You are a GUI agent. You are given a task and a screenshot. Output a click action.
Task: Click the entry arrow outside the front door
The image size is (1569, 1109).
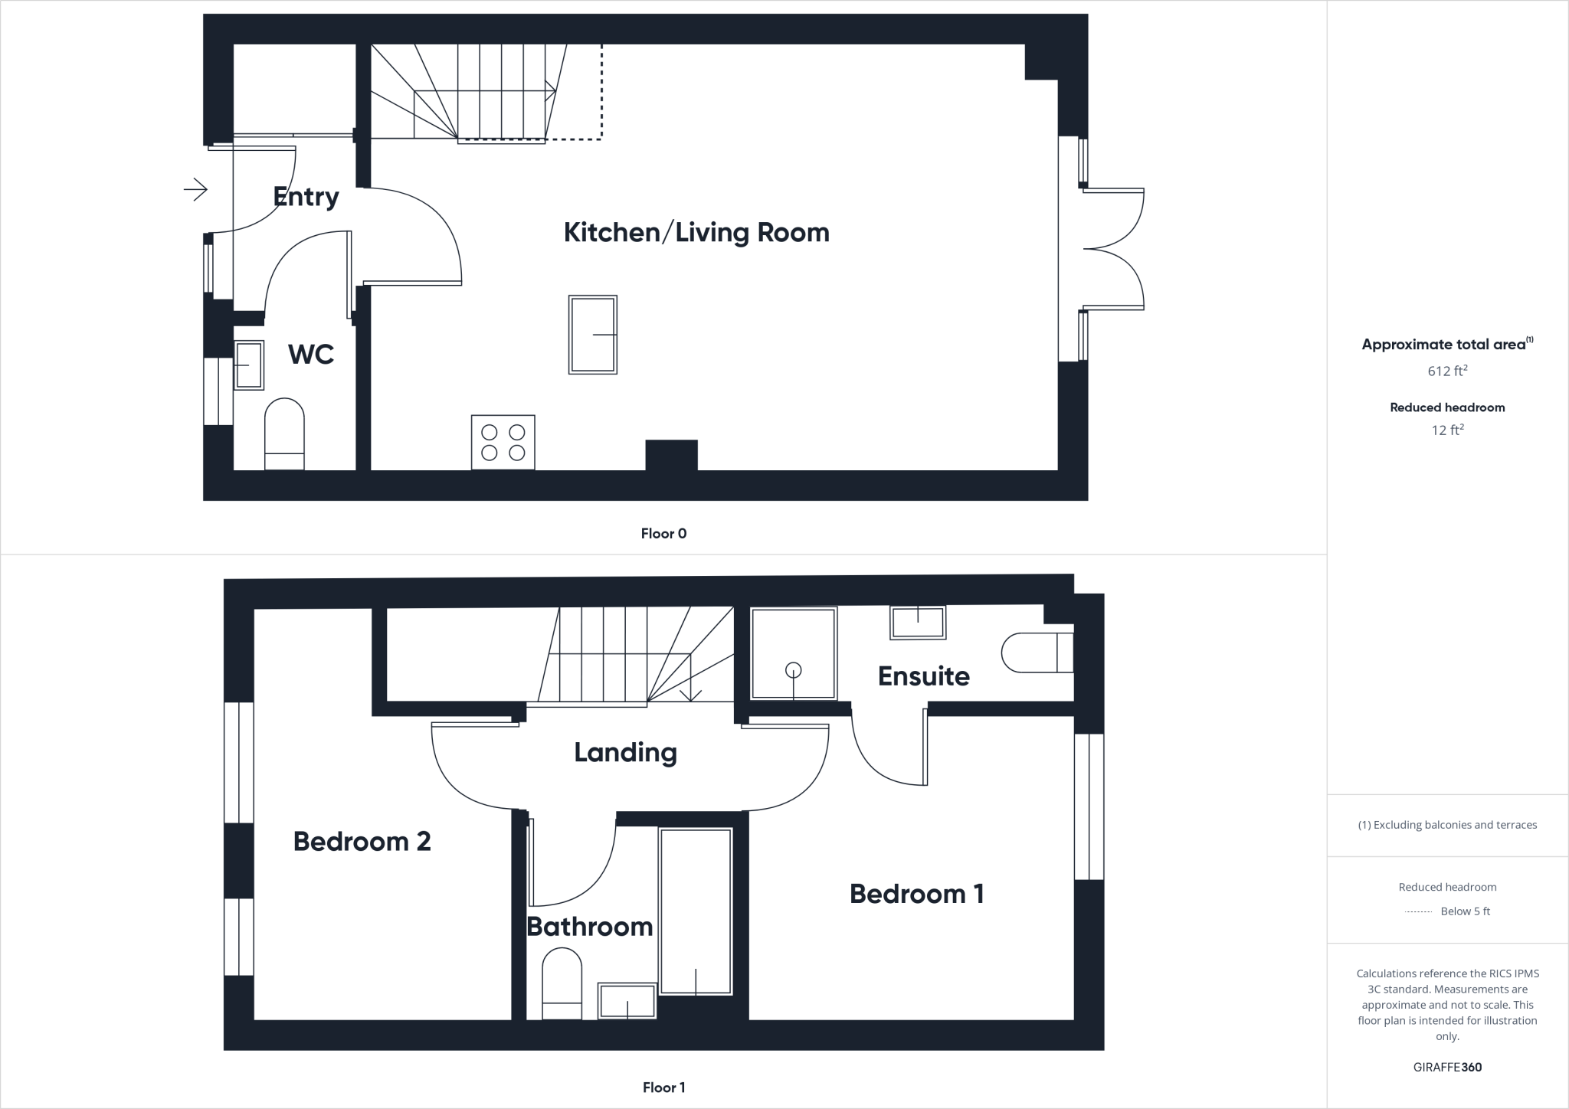tap(196, 188)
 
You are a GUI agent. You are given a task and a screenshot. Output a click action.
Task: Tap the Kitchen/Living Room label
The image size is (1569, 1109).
tap(696, 232)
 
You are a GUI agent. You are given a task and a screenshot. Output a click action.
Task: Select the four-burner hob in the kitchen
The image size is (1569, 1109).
tap(503, 442)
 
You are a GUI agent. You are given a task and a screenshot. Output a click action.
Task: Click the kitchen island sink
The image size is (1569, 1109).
tap(593, 335)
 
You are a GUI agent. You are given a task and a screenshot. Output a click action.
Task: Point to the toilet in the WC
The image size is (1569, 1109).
tap(284, 433)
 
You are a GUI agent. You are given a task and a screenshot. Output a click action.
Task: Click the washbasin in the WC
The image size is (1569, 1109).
tap(248, 365)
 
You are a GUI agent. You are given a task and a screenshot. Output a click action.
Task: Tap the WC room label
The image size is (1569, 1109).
tap(310, 354)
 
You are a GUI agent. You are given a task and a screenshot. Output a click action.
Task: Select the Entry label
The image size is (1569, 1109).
tap(306, 197)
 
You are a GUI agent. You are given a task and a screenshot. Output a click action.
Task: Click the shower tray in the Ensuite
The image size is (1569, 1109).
tap(794, 653)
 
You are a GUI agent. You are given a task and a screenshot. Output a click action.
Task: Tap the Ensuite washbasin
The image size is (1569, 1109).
tap(917, 622)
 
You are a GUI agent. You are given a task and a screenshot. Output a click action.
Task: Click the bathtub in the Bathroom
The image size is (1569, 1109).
tap(696, 911)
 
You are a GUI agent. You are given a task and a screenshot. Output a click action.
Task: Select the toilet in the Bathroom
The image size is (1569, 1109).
tap(562, 983)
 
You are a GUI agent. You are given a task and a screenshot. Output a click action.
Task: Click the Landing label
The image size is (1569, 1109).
tap(625, 752)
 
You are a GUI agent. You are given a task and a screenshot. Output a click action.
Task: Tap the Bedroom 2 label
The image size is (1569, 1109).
tap(362, 841)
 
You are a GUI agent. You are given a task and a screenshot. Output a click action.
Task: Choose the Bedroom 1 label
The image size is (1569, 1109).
tap(916, 893)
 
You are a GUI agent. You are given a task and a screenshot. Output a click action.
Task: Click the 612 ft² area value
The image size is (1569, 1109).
tap(1447, 371)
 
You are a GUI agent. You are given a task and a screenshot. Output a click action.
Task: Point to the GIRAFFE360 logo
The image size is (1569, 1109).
tap(1447, 1067)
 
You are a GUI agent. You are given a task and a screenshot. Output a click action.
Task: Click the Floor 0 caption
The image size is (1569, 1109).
tap(663, 533)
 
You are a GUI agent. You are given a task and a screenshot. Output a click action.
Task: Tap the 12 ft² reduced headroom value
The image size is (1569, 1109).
tap(1447, 430)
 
